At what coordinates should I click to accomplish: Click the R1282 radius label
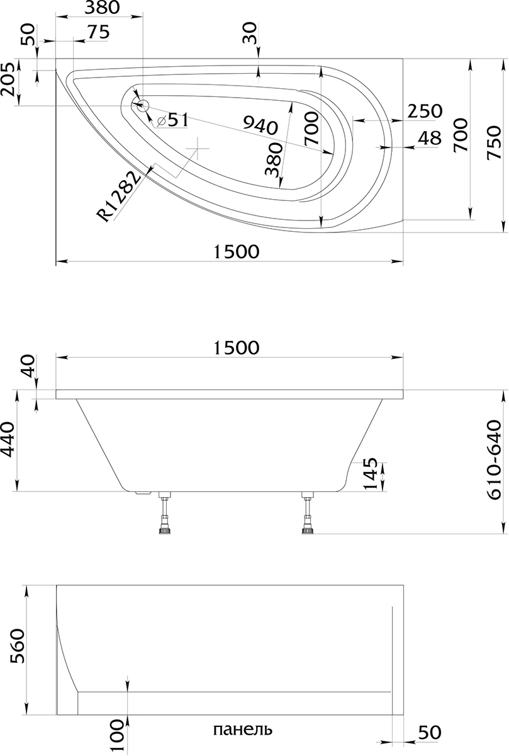(119, 197)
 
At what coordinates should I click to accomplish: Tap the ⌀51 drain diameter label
(172, 119)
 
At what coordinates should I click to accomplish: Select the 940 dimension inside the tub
(260, 125)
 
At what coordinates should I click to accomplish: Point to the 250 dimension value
(425, 111)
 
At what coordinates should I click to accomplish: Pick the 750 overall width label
(494, 142)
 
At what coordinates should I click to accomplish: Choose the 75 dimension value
(98, 32)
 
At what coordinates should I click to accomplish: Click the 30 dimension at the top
(250, 33)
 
